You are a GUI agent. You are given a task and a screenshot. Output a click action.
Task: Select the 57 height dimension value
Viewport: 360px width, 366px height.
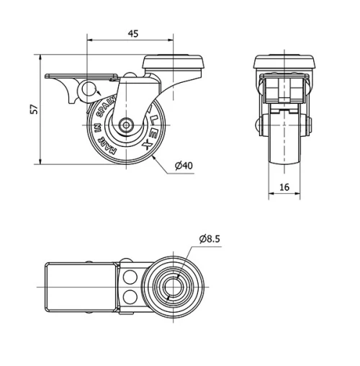[x=32, y=109]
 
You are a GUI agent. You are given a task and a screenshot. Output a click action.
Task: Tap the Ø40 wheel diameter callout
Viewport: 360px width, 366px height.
[x=185, y=167]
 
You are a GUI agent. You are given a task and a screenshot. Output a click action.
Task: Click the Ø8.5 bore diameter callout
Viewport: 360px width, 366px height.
[x=210, y=238]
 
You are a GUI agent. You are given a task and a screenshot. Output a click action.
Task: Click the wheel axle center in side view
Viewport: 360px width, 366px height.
[x=127, y=125]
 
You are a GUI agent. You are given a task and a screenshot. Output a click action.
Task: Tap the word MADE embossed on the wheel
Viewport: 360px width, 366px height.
[x=104, y=143]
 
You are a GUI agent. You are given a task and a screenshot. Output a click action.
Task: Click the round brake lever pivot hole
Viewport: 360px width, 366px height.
[x=90, y=89]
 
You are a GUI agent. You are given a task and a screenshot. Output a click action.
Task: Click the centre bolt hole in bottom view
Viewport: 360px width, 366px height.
[x=174, y=287]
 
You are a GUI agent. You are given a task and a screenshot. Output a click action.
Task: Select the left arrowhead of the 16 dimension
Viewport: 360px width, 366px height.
[x=271, y=195]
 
